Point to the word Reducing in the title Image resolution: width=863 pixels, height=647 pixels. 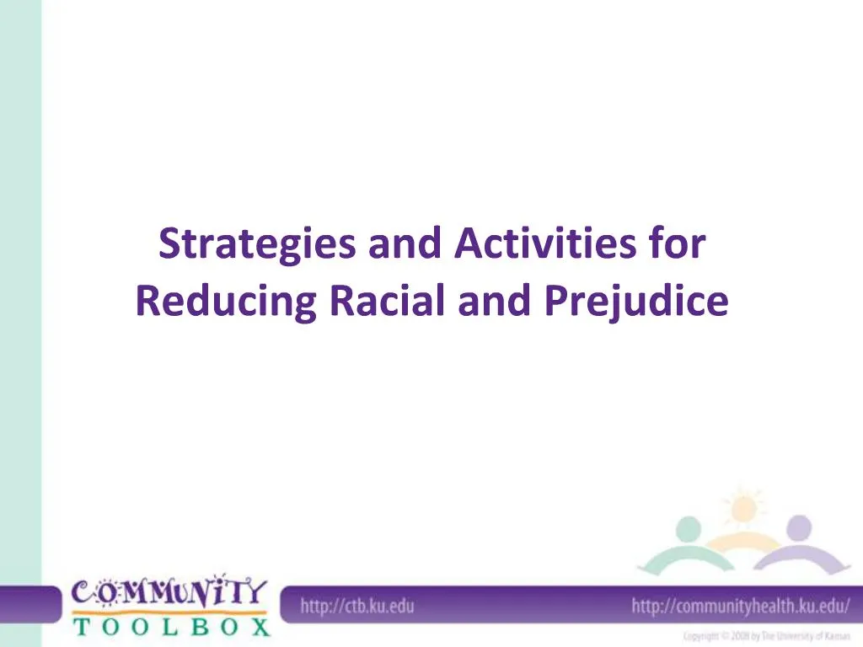pos(225,302)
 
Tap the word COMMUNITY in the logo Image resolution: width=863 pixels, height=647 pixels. pos(169,592)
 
